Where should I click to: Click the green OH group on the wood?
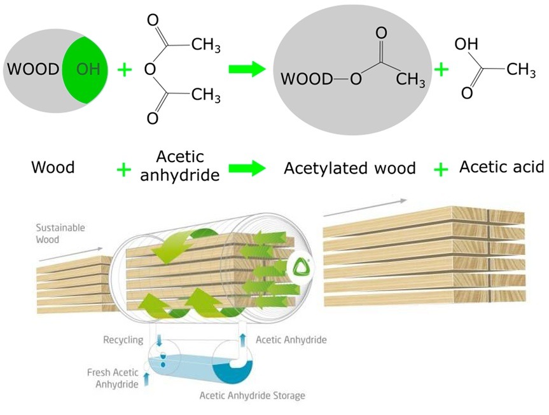click(x=88, y=69)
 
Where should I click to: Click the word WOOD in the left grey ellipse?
click(x=33, y=69)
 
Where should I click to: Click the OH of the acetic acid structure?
click(x=467, y=45)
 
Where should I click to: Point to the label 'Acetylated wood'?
click(x=349, y=168)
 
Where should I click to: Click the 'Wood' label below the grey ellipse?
click(x=53, y=168)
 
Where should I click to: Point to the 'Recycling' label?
click(x=123, y=340)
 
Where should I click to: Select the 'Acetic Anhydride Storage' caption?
click(x=253, y=395)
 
